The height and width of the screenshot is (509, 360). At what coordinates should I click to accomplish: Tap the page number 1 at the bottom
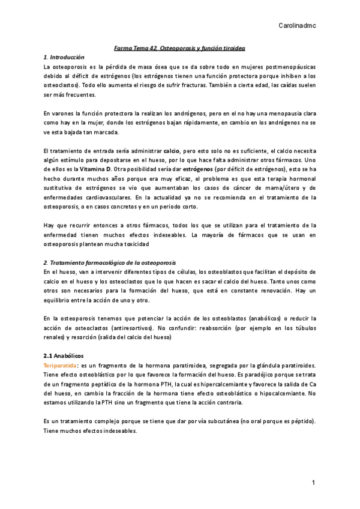313,483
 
